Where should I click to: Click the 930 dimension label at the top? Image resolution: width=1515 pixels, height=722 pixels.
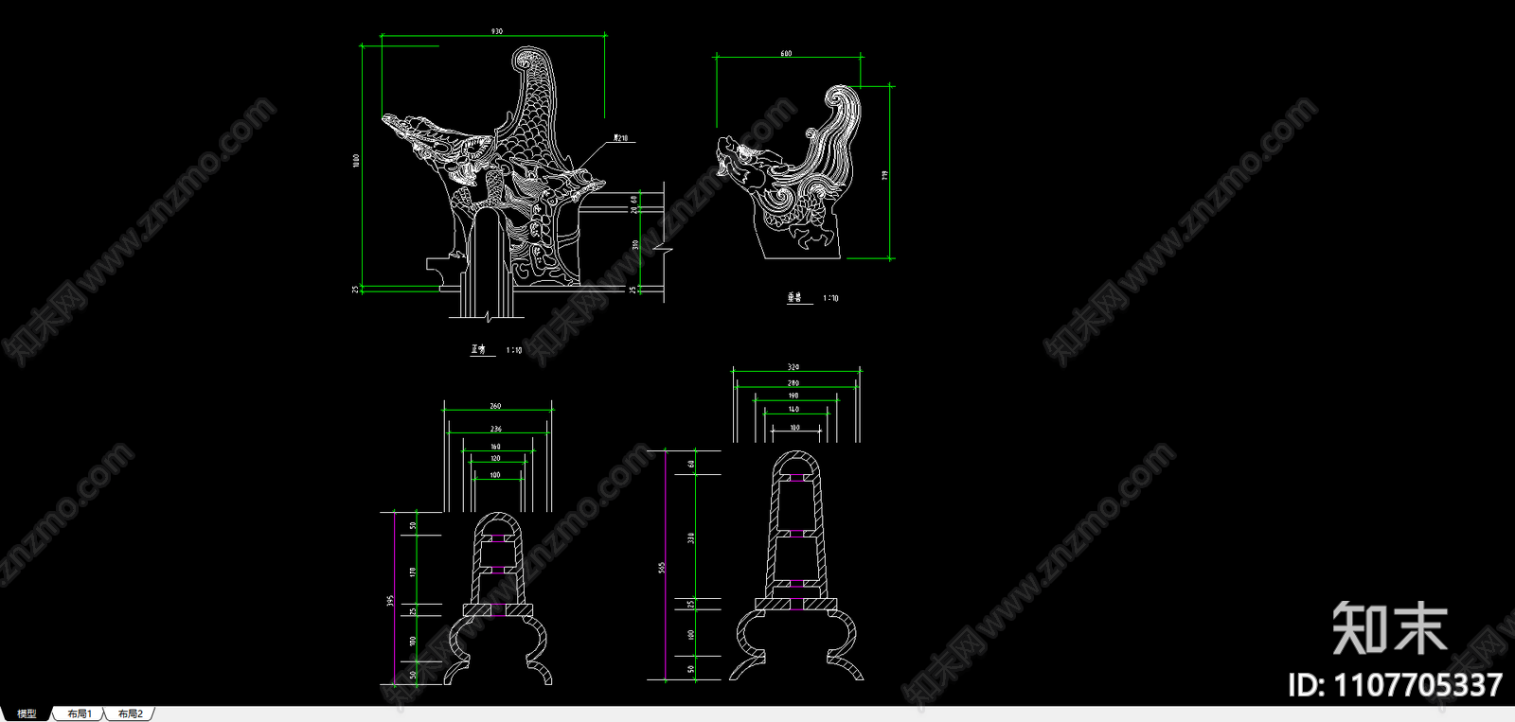point(496,32)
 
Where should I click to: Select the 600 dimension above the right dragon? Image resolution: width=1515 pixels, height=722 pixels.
point(786,54)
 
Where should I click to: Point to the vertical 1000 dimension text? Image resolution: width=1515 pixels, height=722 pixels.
point(357,161)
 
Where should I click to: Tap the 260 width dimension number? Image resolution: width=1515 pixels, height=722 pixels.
point(495,406)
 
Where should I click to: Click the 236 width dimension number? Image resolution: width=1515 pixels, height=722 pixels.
point(495,429)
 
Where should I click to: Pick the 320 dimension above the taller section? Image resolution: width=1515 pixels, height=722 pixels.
point(793,367)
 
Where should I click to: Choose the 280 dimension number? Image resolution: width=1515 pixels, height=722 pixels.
point(793,383)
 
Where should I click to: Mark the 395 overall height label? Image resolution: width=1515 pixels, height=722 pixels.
point(390,600)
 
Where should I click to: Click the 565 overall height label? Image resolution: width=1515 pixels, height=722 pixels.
point(662,567)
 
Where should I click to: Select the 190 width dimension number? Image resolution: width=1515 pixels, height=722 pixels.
point(793,396)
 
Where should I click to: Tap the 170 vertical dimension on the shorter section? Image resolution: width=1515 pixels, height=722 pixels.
point(413,572)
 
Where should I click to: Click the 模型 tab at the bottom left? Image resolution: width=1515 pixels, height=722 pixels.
point(27,713)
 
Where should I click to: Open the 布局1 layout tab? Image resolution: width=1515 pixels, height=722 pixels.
point(80,713)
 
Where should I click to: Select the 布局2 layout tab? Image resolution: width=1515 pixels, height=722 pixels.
point(131,713)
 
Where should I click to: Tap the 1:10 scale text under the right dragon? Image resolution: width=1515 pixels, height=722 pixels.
point(830,298)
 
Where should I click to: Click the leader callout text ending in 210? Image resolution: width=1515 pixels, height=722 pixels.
point(621,138)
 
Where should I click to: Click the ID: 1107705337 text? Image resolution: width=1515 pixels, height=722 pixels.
point(1395,684)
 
